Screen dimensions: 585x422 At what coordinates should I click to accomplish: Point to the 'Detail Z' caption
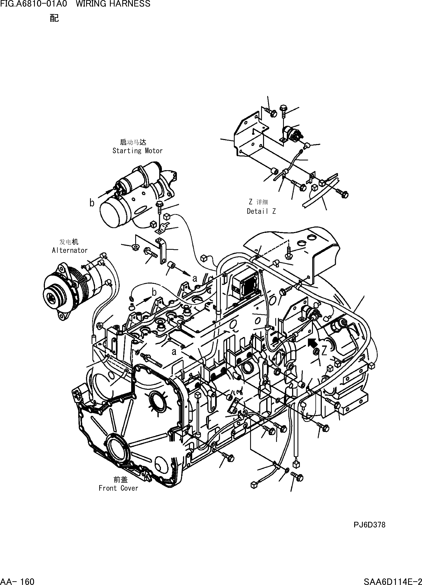pos(261,211)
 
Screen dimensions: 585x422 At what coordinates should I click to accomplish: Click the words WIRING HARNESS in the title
pos(113,4)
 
